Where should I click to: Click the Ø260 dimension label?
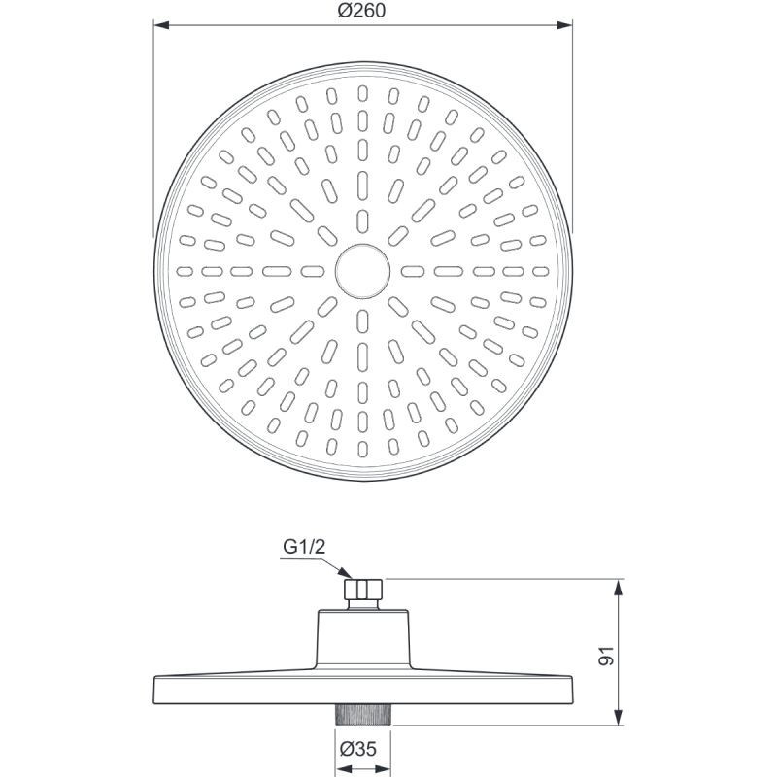[x=361, y=11]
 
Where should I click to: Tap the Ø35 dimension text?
[x=358, y=748]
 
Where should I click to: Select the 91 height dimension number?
[x=606, y=656]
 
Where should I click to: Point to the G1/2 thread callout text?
[x=304, y=547]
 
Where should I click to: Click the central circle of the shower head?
[x=362, y=271]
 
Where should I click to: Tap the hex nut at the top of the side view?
[x=363, y=589]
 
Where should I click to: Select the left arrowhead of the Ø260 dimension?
[x=162, y=25]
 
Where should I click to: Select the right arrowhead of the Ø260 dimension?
[x=564, y=25]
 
